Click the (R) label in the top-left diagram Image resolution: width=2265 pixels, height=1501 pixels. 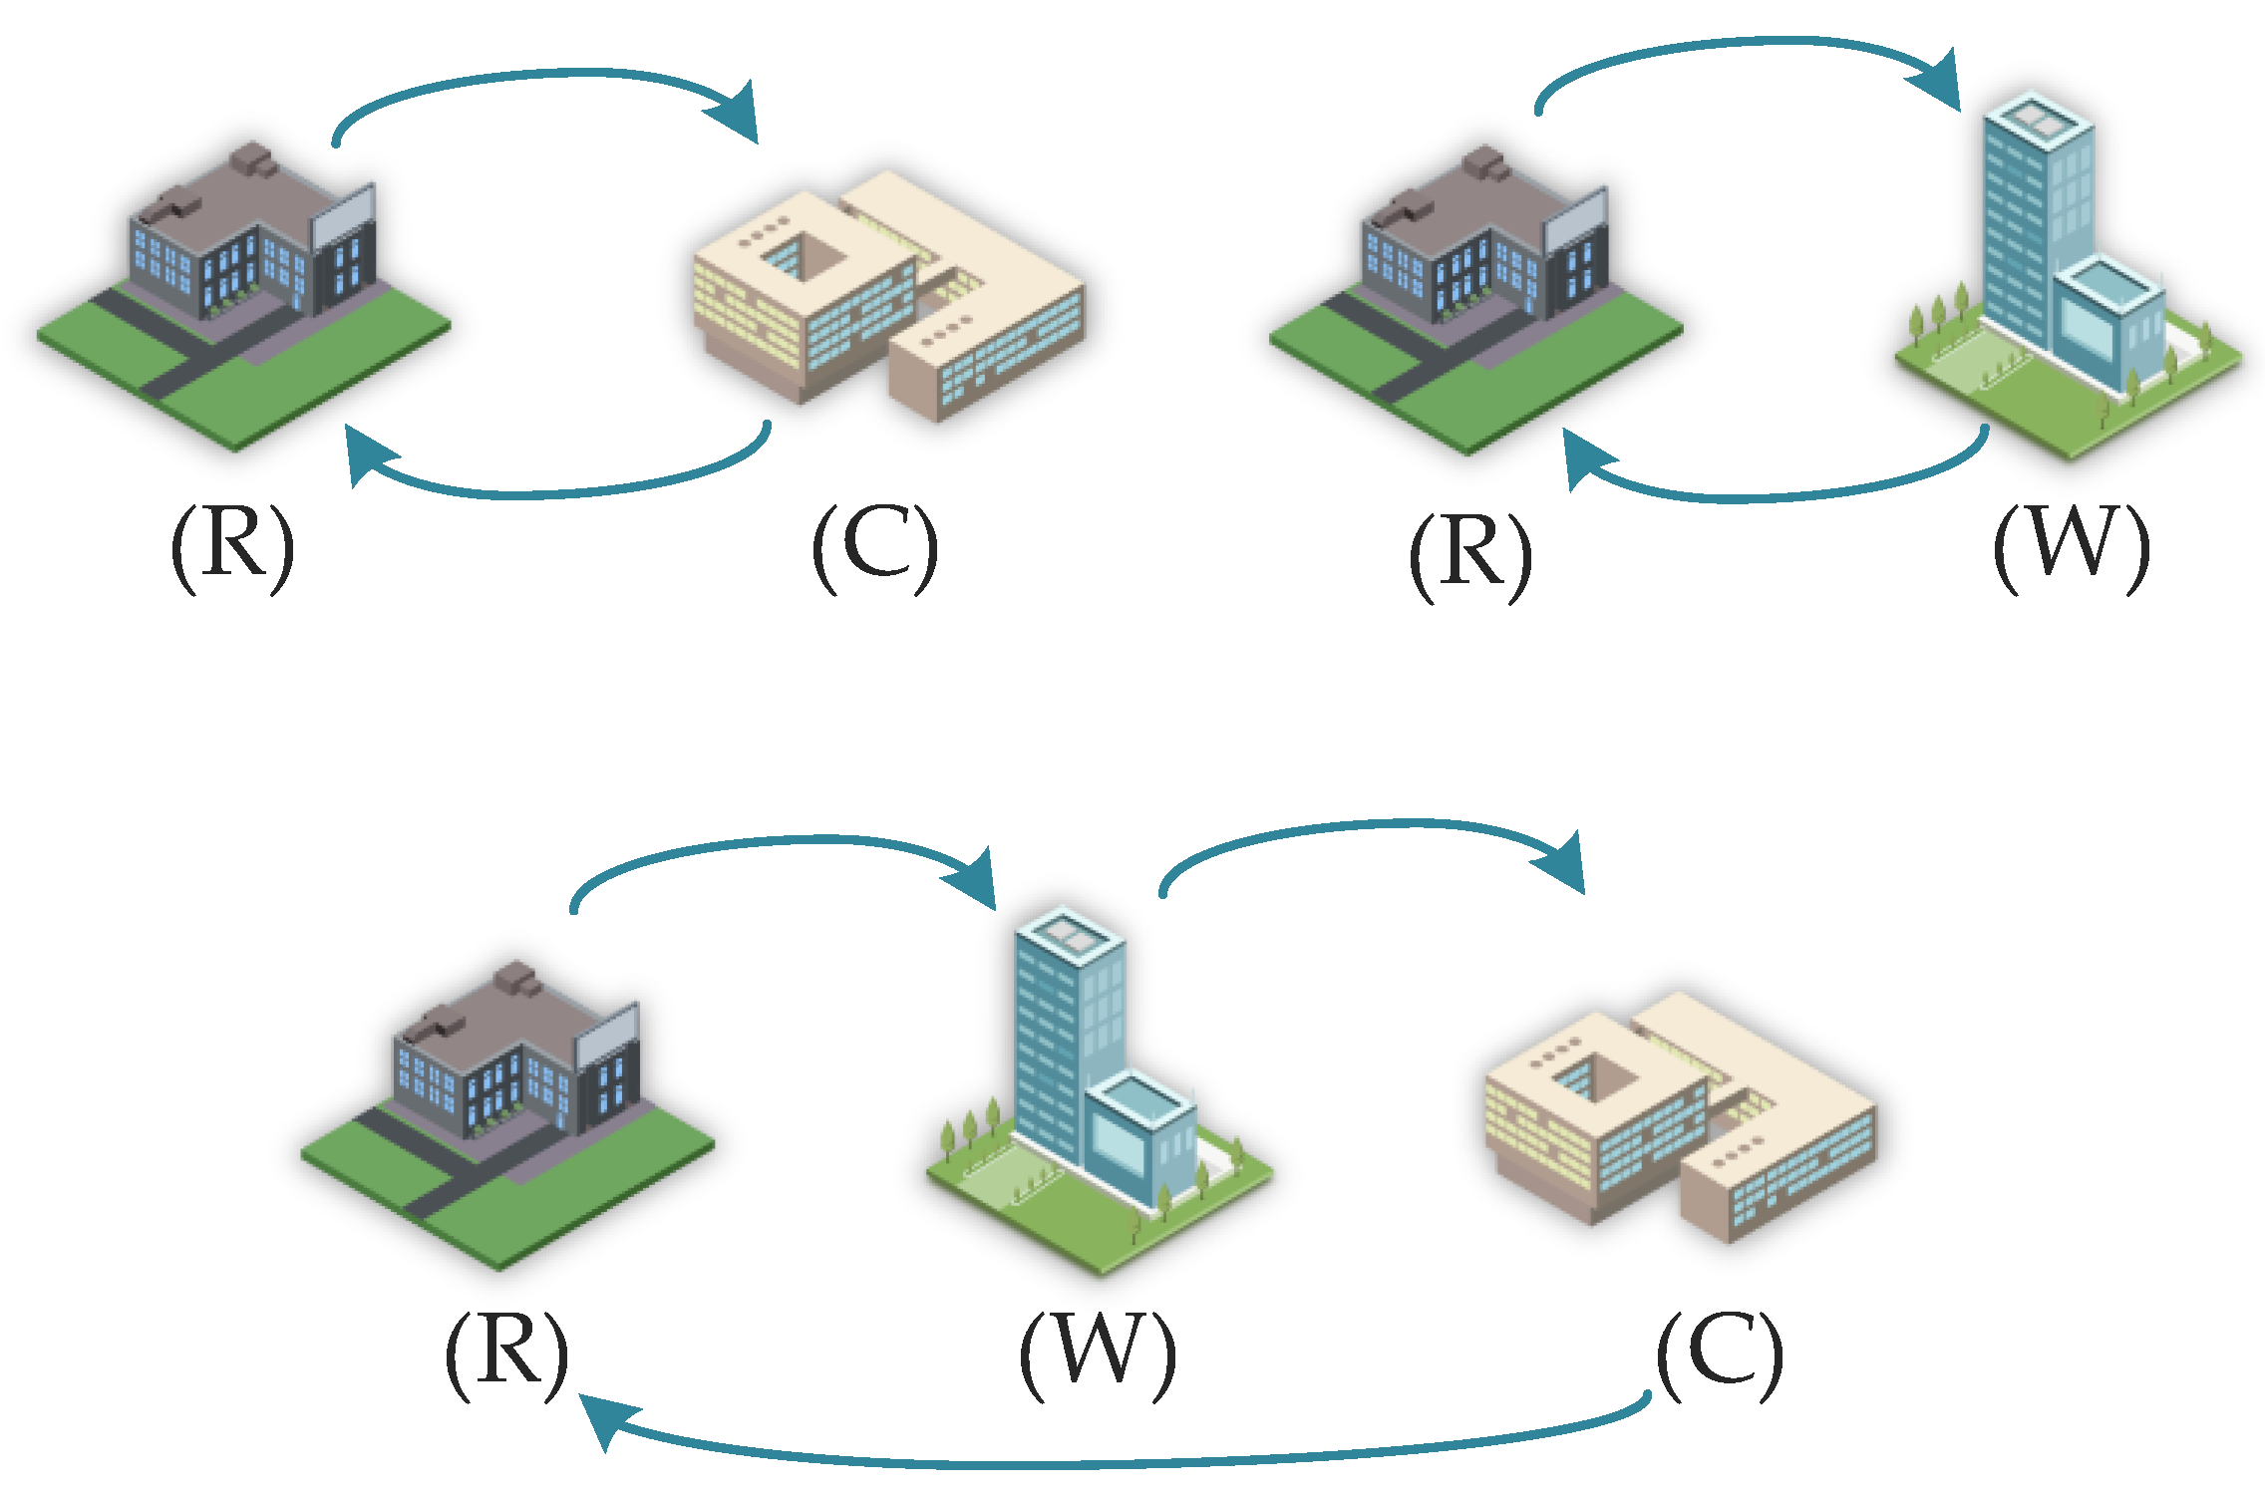(233, 547)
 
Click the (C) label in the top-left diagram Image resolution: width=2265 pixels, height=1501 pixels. (874, 547)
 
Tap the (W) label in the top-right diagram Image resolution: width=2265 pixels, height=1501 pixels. (2071, 547)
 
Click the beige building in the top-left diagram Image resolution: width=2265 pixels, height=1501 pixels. (887, 299)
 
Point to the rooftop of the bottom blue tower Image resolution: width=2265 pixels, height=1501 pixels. (1069, 932)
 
